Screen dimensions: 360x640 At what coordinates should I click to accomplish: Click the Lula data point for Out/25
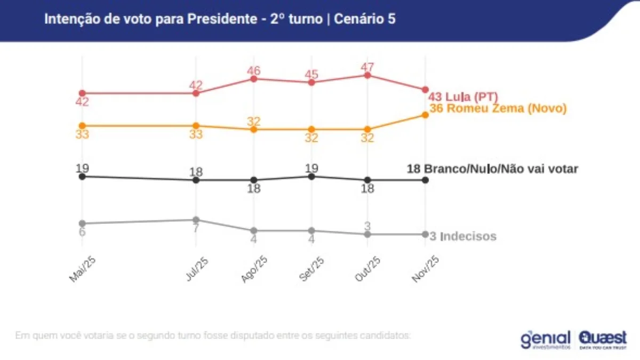[x=367, y=75]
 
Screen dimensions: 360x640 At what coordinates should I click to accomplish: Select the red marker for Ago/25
[x=254, y=79]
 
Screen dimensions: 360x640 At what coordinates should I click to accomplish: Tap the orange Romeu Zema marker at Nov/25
[x=425, y=115]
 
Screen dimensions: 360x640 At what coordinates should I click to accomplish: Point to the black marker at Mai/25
[x=82, y=176]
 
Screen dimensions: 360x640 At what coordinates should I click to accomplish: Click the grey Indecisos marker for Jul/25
[x=196, y=220]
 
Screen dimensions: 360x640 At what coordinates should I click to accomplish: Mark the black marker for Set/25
[x=311, y=176]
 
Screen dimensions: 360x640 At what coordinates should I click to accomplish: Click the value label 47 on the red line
[x=367, y=67]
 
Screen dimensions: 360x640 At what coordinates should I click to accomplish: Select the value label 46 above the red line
[x=254, y=70]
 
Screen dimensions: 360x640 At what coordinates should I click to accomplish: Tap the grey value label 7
[x=196, y=228]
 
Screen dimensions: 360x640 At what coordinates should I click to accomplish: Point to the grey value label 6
[x=82, y=232]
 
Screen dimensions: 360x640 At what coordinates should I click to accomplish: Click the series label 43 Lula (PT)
[x=463, y=97]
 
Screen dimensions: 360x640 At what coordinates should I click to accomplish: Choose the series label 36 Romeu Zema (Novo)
[x=498, y=109]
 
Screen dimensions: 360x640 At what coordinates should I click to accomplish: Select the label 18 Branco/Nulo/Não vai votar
[x=492, y=169]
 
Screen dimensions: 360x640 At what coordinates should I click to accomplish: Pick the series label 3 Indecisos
[x=463, y=236]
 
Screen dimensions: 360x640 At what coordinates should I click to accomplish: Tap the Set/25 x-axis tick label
[x=310, y=268]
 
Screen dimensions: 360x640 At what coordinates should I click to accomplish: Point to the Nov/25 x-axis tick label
[x=425, y=268]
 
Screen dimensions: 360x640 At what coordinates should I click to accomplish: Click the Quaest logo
[x=603, y=339]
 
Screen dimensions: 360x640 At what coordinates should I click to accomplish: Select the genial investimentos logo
[x=545, y=340]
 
